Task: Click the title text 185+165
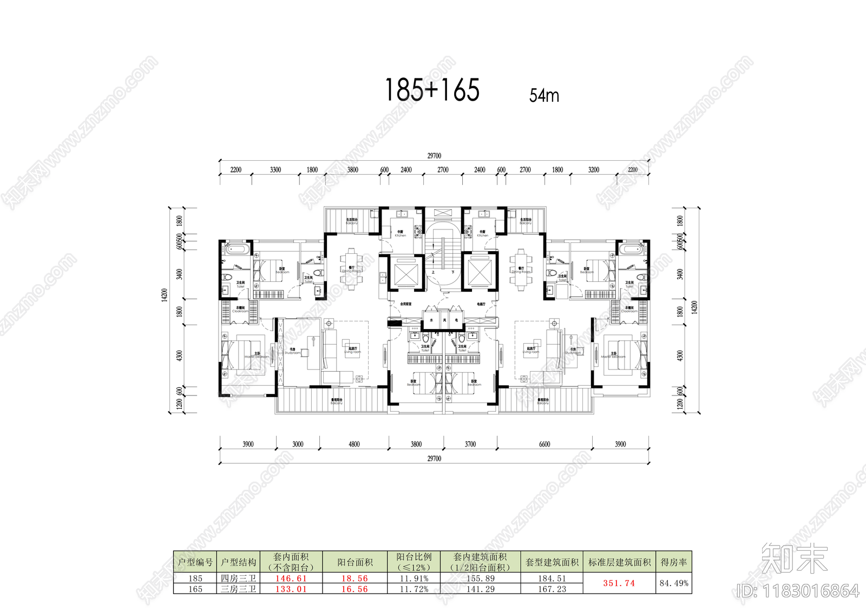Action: [x=432, y=90]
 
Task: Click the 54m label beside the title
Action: [x=544, y=96]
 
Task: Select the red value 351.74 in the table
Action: [x=619, y=583]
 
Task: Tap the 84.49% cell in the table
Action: [x=674, y=583]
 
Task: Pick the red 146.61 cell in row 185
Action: [x=291, y=578]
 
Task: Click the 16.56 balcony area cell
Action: [x=355, y=589]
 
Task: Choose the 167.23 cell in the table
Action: [x=552, y=589]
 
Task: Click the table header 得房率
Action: [x=674, y=562]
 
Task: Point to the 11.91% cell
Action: [x=414, y=578]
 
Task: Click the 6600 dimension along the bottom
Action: [x=544, y=444]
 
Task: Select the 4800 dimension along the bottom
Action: [x=354, y=444]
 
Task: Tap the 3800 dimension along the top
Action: [x=352, y=170]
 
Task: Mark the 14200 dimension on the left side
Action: [x=165, y=295]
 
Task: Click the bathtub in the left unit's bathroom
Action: [x=237, y=250]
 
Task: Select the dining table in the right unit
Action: [x=521, y=269]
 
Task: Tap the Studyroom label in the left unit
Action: [x=292, y=352]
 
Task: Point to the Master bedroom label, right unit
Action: [x=613, y=356]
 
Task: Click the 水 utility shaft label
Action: [x=431, y=320]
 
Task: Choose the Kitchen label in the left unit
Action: [x=400, y=234]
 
